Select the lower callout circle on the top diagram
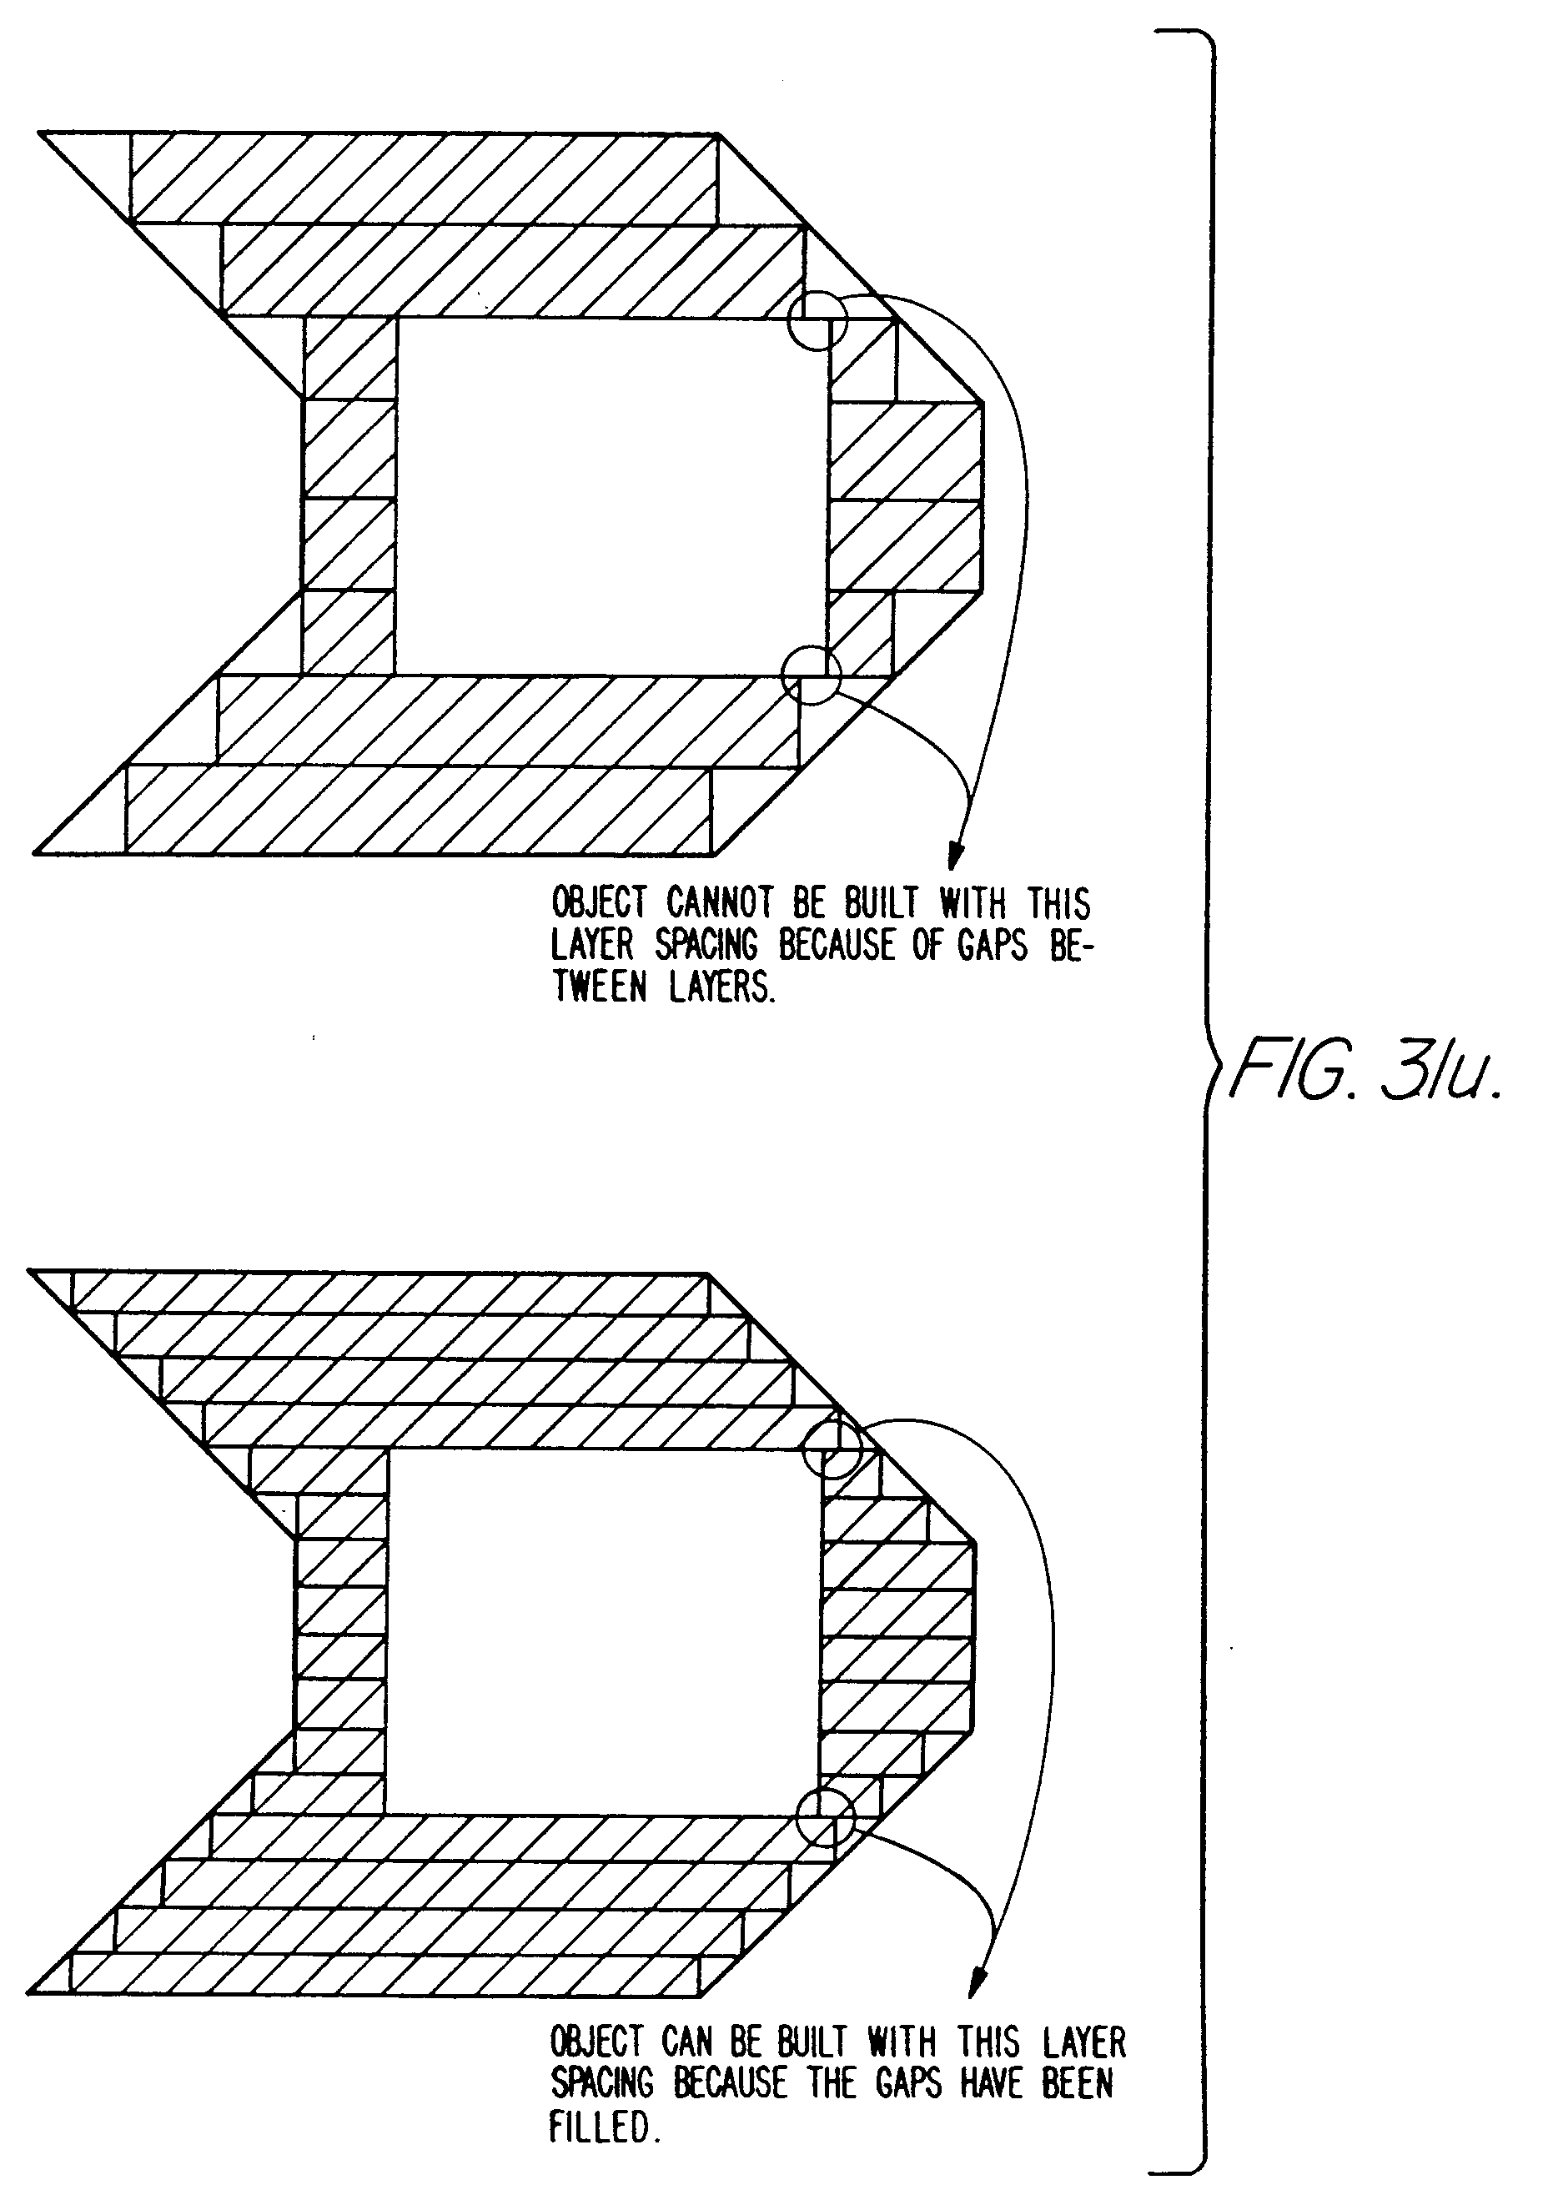pyautogui.click(x=812, y=674)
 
